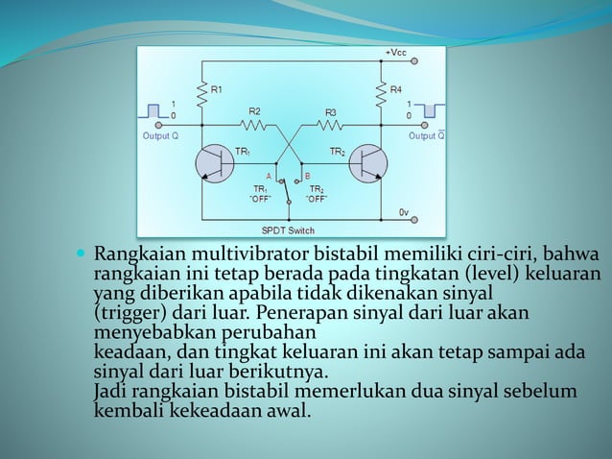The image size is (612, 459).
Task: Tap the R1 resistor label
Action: coord(217,89)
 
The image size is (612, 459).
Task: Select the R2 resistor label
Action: coord(254,111)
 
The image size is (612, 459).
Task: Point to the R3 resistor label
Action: coord(331,111)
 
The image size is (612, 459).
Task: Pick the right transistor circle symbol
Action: coord(366,162)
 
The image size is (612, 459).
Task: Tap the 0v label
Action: coord(404,210)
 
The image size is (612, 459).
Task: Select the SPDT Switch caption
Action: coord(288,230)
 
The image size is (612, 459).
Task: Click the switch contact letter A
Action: coord(269,176)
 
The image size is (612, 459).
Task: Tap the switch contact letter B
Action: coord(307,176)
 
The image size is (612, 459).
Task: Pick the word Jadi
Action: coord(110,392)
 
